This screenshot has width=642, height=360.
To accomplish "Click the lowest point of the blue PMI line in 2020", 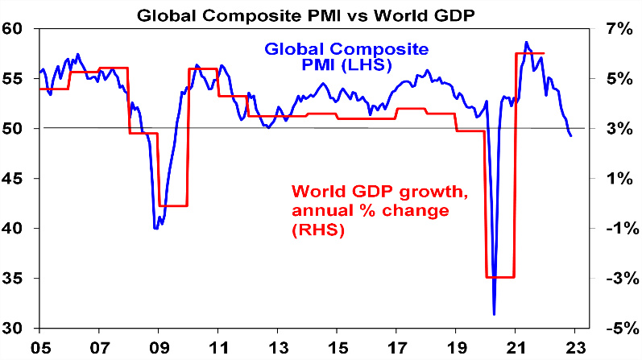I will click(x=494, y=314).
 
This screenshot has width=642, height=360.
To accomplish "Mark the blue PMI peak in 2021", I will click(x=526, y=43).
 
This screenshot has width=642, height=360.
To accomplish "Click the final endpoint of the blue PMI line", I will click(x=570, y=135).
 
